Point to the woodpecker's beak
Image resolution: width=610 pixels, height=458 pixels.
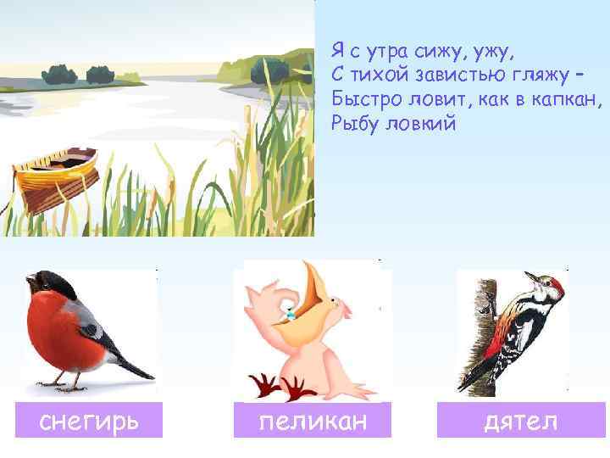(530, 275)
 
